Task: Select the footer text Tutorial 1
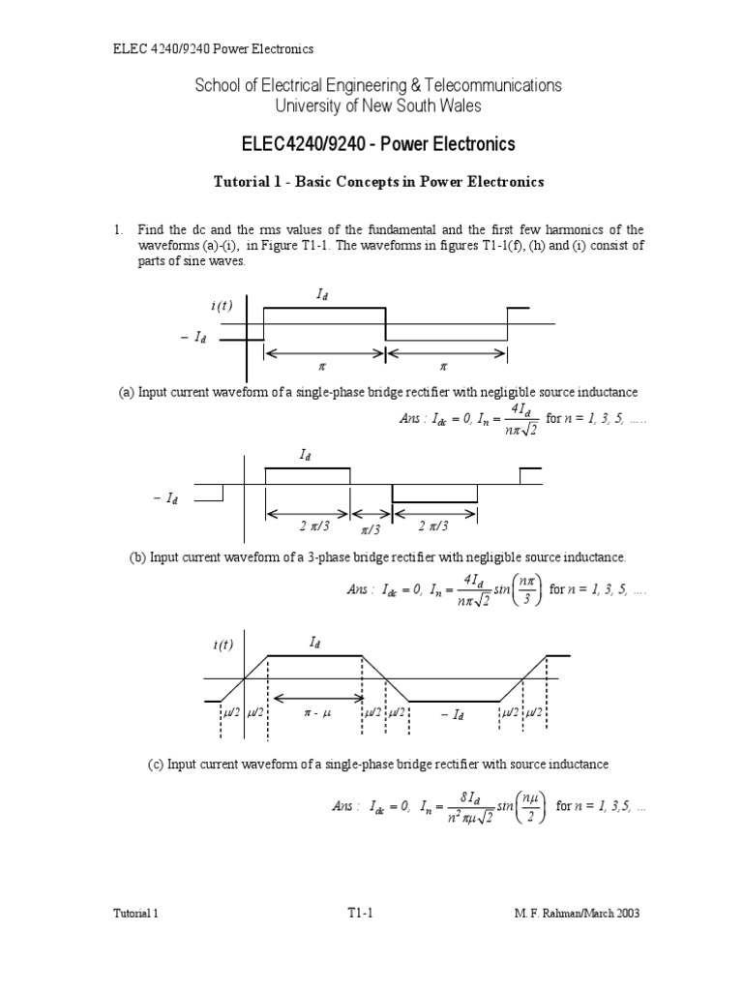pyautogui.click(x=134, y=913)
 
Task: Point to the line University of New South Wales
pyautogui.click(x=378, y=105)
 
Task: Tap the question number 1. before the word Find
pyautogui.click(x=119, y=229)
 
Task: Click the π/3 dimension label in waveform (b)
pyautogui.click(x=371, y=530)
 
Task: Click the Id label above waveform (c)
pyautogui.click(x=315, y=641)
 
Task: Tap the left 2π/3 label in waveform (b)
pyautogui.click(x=307, y=526)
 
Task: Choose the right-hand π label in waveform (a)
pyautogui.click(x=444, y=367)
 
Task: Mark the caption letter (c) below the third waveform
pyautogui.click(x=156, y=764)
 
